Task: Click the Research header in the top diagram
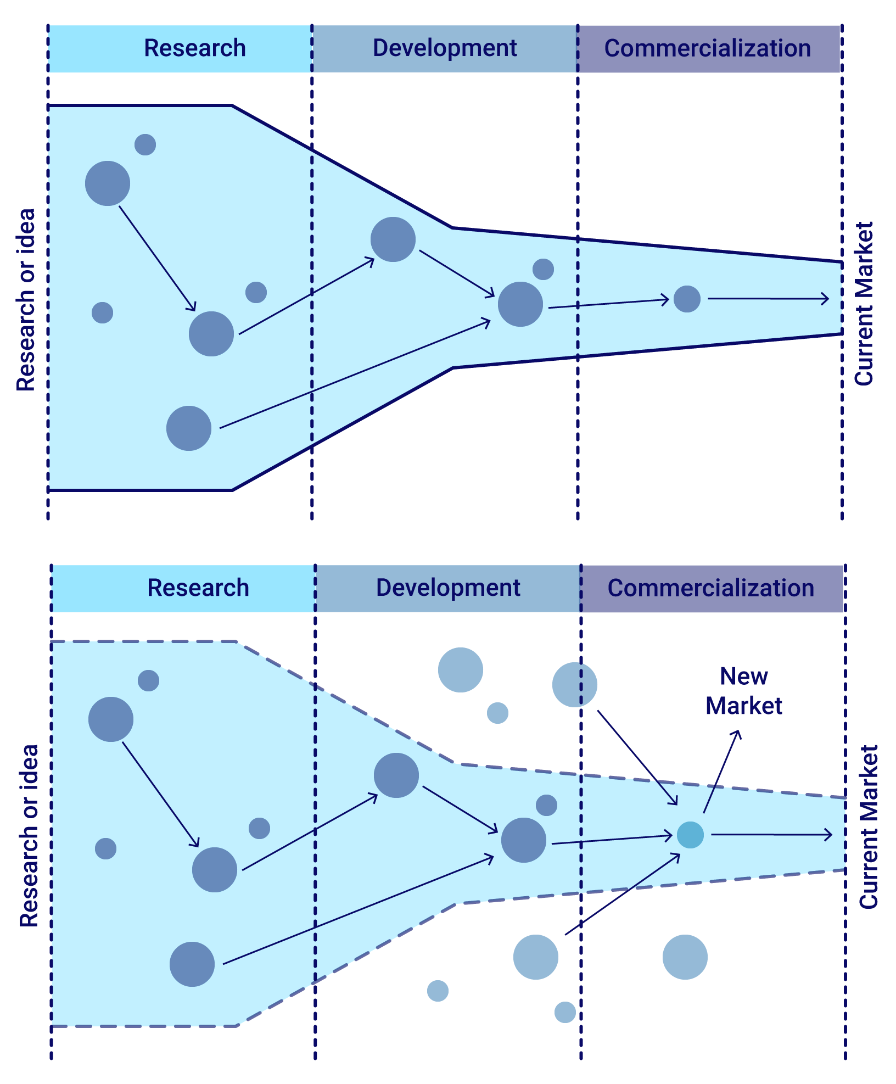click(x=194, y=48)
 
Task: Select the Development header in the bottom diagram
click(x=448, y=588)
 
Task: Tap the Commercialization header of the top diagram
click(x=708, y=48)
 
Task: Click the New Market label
click(x=744, y=691)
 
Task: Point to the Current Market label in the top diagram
click(x=864, y=303)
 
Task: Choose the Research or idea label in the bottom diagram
click(x=29, y=835)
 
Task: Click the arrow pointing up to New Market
click(x=722, y=772)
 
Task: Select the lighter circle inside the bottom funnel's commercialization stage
click(x=690, y=835)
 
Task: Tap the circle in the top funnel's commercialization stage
click(x=687, y=299)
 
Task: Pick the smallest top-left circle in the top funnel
click(x=145, y=144)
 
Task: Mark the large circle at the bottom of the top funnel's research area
click(x=189, y=428)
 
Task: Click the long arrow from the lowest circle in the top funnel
click(x=355, y=373)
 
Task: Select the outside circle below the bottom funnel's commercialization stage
click(x=685, y=957)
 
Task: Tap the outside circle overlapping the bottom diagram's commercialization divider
click(x=574, y=685)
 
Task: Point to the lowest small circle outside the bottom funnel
click(x=565, y=1012)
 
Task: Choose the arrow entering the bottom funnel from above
click(x=637, y=757)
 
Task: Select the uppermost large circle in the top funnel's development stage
click(x=393, y=239)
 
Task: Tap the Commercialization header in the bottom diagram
click(x=711, y=588)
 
